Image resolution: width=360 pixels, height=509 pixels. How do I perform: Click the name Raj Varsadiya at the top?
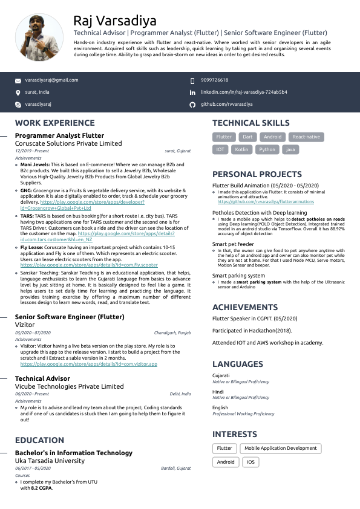coord(114,21)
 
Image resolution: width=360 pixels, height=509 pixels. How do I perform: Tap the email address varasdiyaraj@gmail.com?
coord(51,80)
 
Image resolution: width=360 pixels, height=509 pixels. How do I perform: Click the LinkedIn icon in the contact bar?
coord(192,92)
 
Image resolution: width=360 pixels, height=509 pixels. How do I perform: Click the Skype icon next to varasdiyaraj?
coord(18,105)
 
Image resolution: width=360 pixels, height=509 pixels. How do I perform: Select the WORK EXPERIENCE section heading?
coord(54,123)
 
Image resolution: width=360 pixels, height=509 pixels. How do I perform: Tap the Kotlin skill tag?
coord(241,149)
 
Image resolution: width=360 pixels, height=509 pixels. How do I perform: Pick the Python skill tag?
coord(267,149)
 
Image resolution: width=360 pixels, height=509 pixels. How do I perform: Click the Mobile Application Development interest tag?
coord(280,449)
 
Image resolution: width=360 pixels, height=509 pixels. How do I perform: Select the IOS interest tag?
coord(250,462)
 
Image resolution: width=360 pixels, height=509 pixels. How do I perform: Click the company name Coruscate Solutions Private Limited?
coord(68,144)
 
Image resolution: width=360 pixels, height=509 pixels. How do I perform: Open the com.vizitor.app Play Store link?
coord(88,365)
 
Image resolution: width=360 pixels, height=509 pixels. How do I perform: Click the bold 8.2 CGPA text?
coord(42,487)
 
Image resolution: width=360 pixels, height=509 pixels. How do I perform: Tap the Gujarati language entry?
coord(221,375)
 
